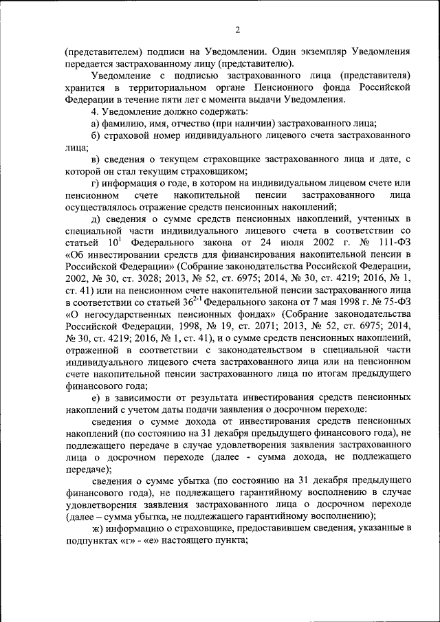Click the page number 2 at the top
(237, 30)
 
